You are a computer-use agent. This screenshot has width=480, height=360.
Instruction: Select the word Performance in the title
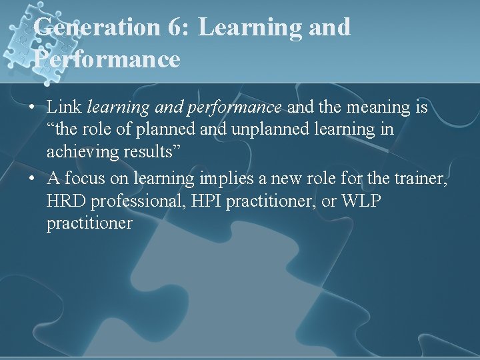pos(107,59)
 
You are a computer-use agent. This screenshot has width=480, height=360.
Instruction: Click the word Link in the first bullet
pos(64,106)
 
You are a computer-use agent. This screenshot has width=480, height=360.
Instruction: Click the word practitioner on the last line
pos(89,223)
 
